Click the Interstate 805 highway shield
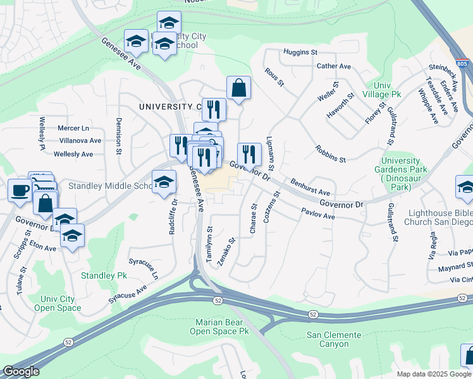(462, 64)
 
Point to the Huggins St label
(302, 51)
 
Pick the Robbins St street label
(330, 155)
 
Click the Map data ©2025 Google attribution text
(434, 374)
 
